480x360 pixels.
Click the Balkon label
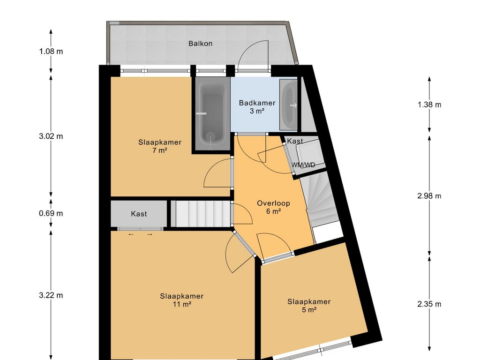[x=200, y=44]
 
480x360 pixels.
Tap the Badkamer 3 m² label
[x=257, y=106]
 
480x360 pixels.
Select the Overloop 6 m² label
[x=273, y=207]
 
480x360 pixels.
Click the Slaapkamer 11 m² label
[x=181, y=300]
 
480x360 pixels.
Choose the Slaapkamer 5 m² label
[x=308, y=305]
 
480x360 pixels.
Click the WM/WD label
[x=303, y=165]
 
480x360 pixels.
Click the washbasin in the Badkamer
[x=288, y=104]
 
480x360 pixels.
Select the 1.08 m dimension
[x=51, y=51]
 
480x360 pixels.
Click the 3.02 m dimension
[x=51, y=136]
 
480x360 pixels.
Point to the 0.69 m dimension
[x=51, y=213]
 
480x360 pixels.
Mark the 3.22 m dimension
[x=51, y=295]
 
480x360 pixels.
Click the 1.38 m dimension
[x=429, y=105]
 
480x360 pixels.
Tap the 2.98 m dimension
[x=429, y=196]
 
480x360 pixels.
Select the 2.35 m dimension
[x=429, y=304]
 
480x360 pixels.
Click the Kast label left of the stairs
[x=139, y=214]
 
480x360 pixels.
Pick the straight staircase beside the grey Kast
[x=200, y=214]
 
